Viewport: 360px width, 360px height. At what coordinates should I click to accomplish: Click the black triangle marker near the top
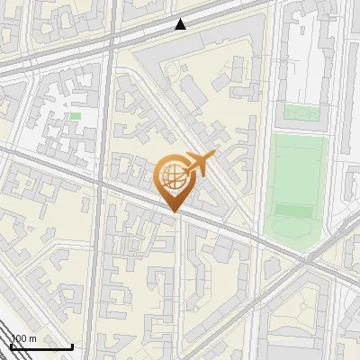(182, 24)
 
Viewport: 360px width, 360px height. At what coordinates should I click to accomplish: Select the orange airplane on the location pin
(200, 164)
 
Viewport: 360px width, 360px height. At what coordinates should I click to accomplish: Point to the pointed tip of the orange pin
(172, 211)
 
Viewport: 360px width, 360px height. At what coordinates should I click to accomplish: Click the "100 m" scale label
(22, 339)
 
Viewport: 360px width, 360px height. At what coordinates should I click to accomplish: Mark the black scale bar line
(40, 346)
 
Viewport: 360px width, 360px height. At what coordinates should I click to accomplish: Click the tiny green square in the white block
(75, 116)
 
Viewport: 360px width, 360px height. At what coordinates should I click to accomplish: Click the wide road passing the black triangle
(135, 36)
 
